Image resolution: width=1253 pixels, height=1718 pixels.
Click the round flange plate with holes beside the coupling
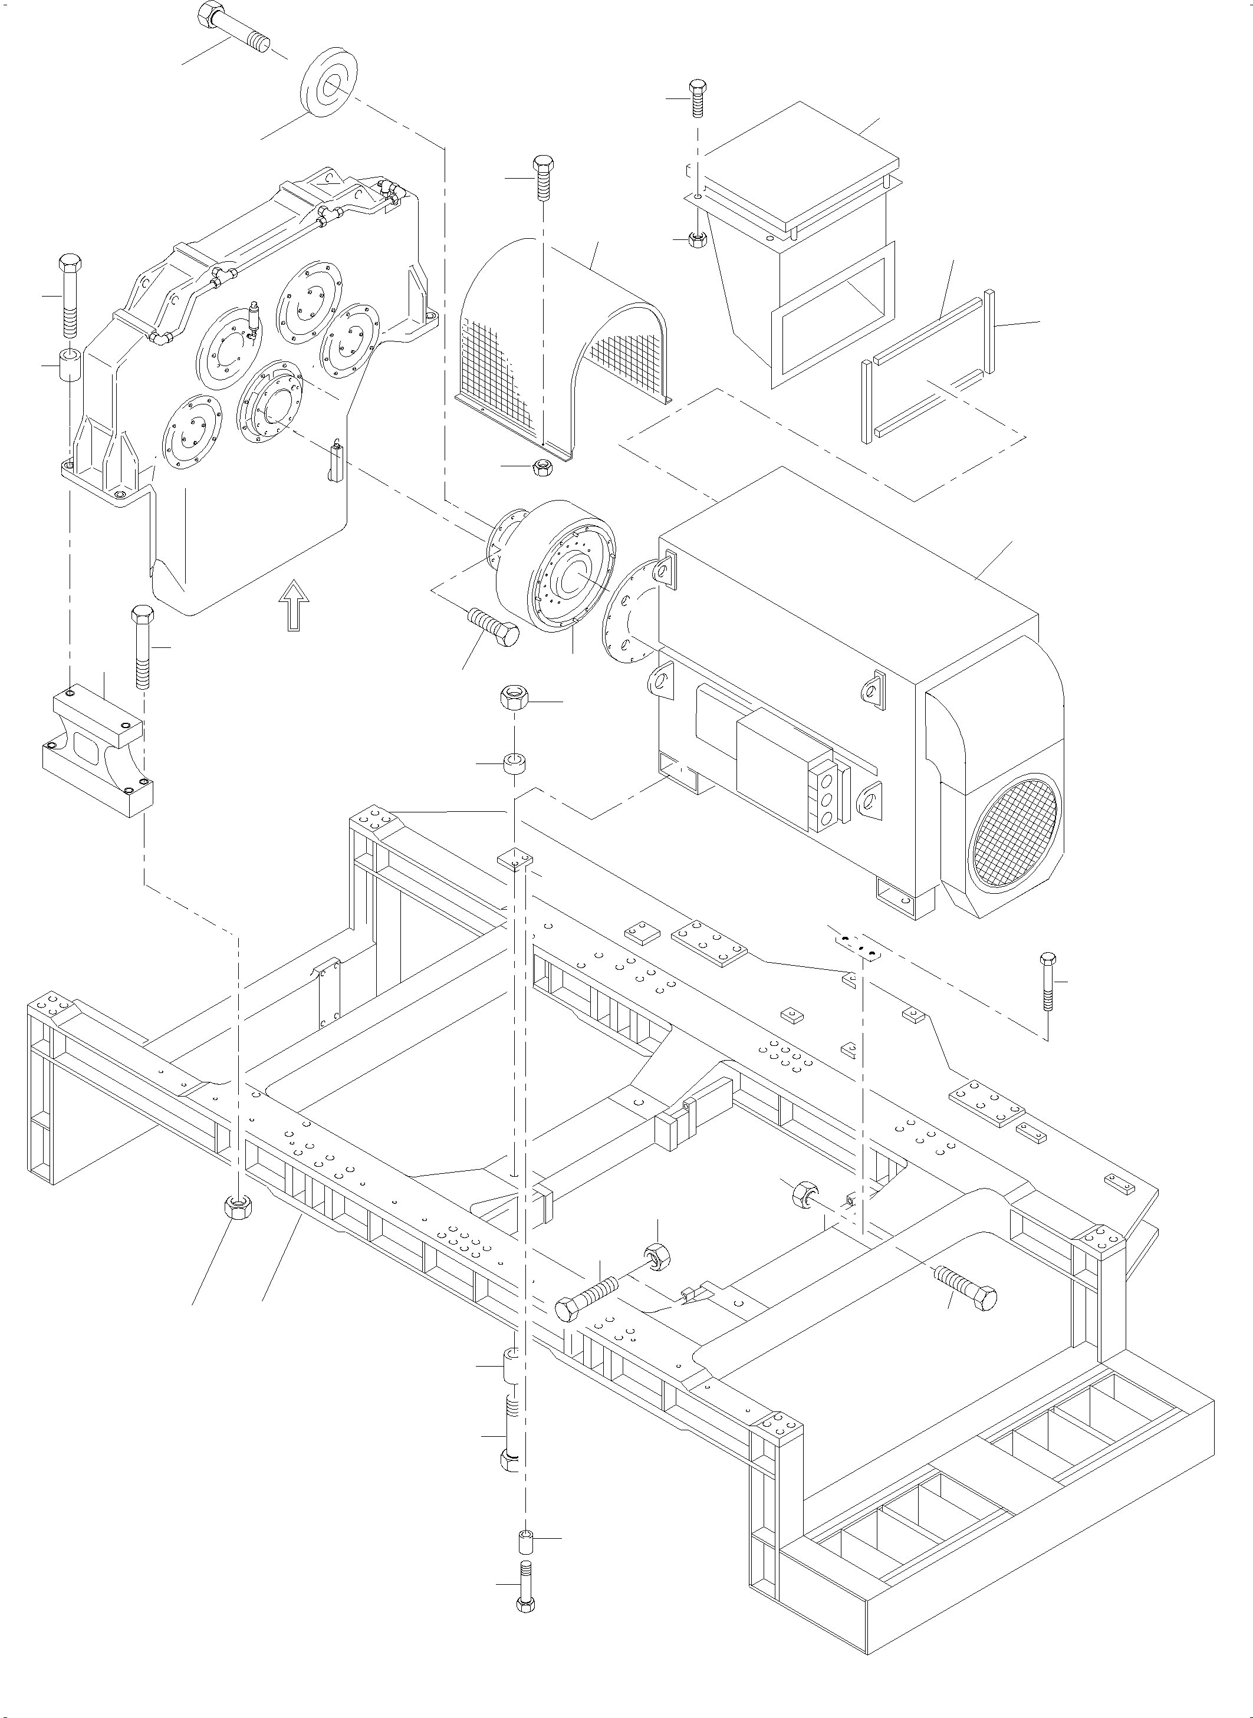(x=630, y=610)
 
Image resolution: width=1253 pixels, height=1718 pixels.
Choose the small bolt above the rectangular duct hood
(x=697, y=98)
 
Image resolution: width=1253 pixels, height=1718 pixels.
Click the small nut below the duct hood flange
(x=696, y=239)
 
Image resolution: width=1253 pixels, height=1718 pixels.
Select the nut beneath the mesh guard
(x=542, y=467)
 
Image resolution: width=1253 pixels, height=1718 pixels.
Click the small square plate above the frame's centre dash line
(x=515, y=859)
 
